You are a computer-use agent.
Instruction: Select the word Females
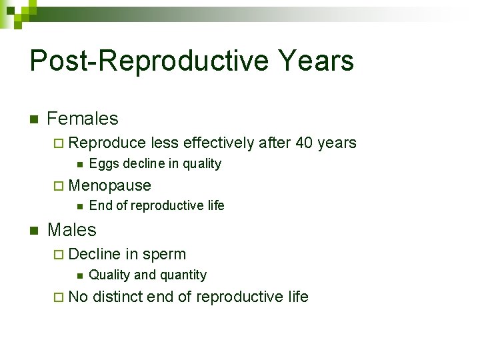click(x=83, y=119)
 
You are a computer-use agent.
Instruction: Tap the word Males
click(x=72, y=230)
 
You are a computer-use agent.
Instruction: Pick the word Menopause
click(x=110, y=185)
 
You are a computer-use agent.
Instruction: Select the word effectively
click(x=218, y=143)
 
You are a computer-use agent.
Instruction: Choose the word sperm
click(x=164, y=255)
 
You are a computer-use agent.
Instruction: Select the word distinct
click(x=117, y=297)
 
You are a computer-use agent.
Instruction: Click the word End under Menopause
click(x=100, y=205)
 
